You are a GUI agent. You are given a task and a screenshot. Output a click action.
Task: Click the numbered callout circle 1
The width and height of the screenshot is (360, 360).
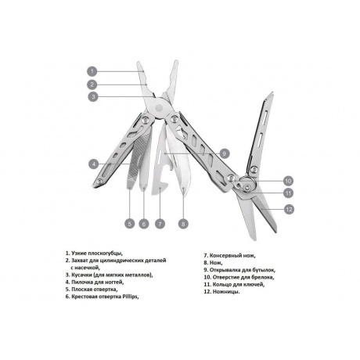pos(92,71)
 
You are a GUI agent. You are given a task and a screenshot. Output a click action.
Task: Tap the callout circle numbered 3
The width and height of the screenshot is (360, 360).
pos(93,97)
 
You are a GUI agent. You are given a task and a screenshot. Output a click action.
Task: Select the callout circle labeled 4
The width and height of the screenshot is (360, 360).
pos(94,164)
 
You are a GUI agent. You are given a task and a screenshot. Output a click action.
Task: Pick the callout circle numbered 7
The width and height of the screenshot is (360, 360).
pos(160,224)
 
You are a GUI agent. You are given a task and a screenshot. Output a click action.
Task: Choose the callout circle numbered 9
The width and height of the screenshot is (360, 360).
pos(225,153)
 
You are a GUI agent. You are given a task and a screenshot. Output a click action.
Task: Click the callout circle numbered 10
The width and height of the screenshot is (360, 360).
pos(288,181)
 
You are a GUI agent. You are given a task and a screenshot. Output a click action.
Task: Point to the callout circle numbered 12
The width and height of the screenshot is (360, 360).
pos(289,209)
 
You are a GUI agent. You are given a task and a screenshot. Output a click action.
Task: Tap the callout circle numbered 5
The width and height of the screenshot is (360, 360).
pos(130,224)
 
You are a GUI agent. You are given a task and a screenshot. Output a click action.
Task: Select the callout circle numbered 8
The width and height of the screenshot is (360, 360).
pos(183,224)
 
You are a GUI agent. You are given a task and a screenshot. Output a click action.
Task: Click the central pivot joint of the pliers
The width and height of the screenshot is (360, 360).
pos(159,107)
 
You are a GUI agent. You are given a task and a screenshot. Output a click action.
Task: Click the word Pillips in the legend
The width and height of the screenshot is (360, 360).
pos(130,297)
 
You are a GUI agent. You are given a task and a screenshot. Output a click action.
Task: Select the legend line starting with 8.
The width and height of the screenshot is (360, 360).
pos(213,263)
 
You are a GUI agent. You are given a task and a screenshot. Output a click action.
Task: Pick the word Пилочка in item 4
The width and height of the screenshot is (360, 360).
pos(82,282)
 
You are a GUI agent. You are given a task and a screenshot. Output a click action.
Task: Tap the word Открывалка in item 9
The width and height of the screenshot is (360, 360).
pos(225,270)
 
